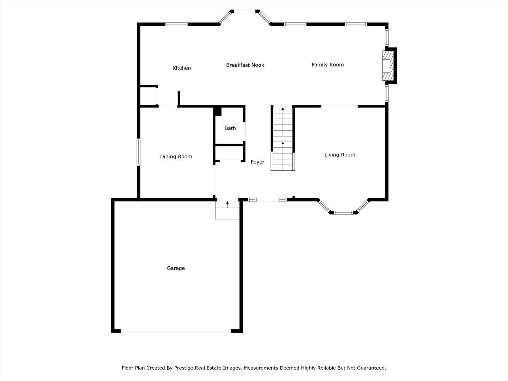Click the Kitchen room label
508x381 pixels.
pos(182,68)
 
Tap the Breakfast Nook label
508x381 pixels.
pos(245,65)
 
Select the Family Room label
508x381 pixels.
pos(328,65)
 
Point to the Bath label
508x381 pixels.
pos(230,128)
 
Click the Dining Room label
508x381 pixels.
pos(176,157)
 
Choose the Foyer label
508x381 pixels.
pos(258,162)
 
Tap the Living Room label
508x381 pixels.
pos(340,155)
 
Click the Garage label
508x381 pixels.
pos(176,268)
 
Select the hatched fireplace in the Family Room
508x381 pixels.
pos(388,66)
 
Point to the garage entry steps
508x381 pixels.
pos(227,210)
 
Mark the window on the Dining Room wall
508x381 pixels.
pos(139,152)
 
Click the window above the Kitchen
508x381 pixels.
pos(176,24)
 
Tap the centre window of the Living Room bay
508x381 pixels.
pos(344,213)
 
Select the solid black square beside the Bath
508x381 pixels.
pos(217,111)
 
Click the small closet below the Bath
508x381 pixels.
pos(229,153)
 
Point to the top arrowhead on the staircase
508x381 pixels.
pos(283,109)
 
